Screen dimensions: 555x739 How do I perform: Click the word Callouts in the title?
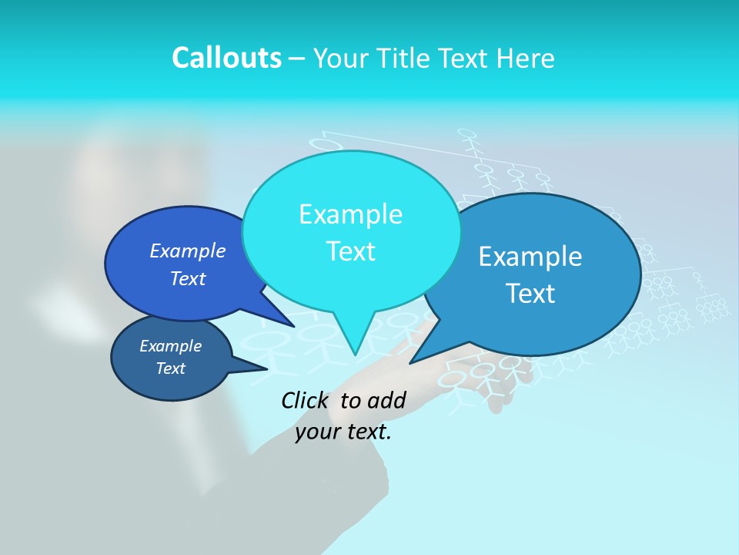click(x=226, y=58)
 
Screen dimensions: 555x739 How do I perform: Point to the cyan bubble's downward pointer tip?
click(x=355, y=354)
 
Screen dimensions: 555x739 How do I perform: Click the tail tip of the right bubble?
click(x=412, y=362)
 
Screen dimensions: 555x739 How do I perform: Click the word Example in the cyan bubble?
click(x=350, y=214)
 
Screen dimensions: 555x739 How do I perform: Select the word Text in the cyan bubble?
click(x=350, y=251)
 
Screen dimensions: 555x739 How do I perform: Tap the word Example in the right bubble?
click(x=530, y=256)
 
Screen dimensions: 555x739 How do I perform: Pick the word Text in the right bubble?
click(x=530, y=293)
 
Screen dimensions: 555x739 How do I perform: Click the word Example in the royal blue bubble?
click(x=187, y=251)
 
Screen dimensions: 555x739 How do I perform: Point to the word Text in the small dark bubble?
click(x=170, y=368)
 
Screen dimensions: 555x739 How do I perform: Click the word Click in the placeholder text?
click(x=306, y=400)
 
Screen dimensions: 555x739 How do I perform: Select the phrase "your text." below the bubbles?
click(x=343, y=432)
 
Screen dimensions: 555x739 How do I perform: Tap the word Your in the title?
click(x=341, y=58)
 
